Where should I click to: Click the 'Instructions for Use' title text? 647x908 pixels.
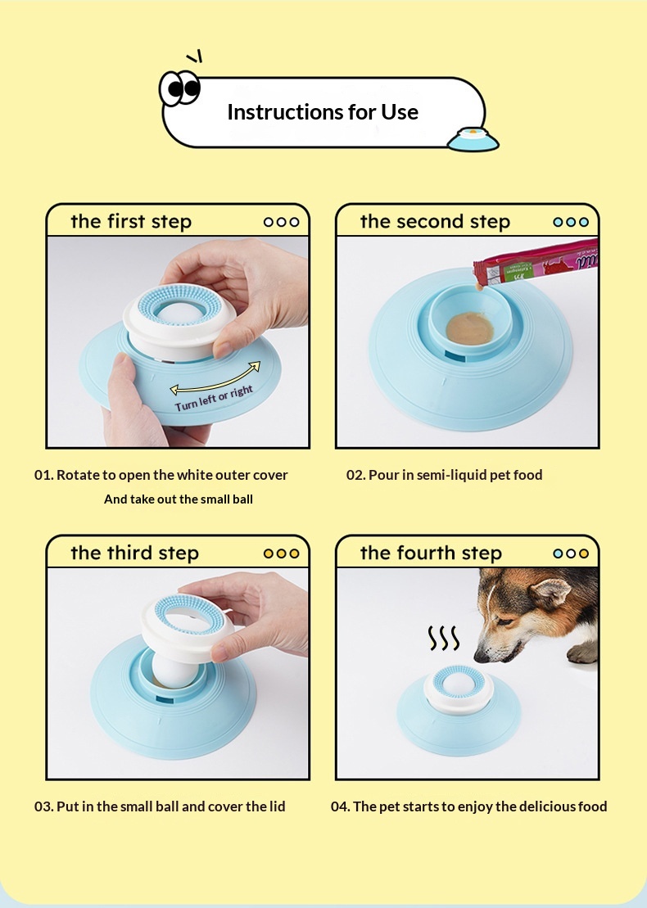point(323,112)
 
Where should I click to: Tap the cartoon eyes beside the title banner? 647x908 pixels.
point(180,88)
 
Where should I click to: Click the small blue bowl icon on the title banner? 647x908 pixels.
point(473,139)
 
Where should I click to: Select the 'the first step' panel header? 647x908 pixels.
point(131,222)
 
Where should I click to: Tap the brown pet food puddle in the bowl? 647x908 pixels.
point(470,328)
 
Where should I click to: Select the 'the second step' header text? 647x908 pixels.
point(435,222)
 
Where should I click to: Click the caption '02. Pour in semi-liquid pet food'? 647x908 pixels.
point(444,475)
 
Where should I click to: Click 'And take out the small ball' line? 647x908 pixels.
point(179,499)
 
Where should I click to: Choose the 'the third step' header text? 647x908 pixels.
point(134,553)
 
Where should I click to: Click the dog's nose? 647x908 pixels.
point(480,657)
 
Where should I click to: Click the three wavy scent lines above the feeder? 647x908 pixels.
point(444,638)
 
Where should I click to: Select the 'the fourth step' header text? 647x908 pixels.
point(431,553)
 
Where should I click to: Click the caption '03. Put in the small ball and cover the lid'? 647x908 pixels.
point(160,806)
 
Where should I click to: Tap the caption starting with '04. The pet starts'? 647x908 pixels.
point(469,806)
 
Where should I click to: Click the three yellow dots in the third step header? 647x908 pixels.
point(282,553)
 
